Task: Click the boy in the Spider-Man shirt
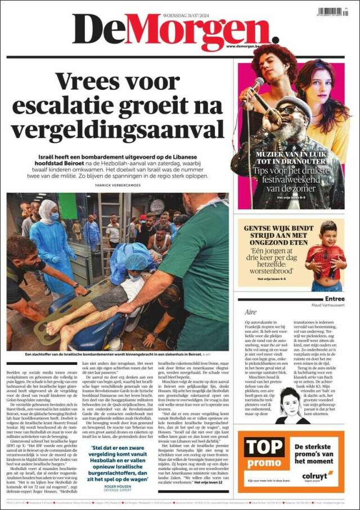click(326, 256)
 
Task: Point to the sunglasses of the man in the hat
click(289, 110)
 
